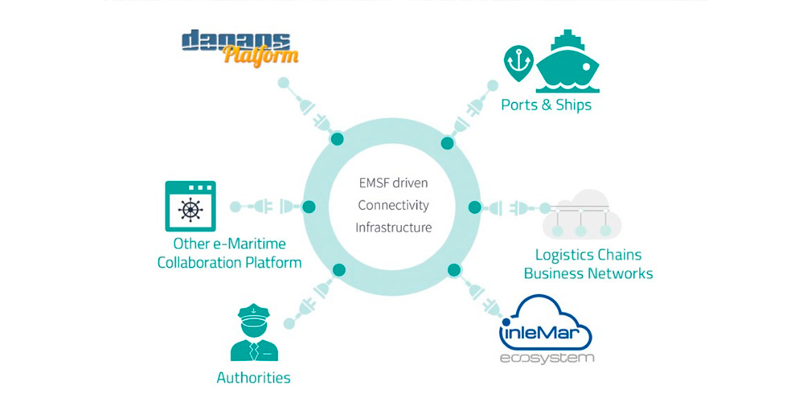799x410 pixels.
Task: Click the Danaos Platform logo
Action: pyautogui.click(x=240, y=47)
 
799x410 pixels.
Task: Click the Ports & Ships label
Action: pyautogui.click(x=547, y=105)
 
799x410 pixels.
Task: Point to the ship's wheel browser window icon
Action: pyautogui.click(x=191, y=207)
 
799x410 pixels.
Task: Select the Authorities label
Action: pyautogui.click(x=253, y=377)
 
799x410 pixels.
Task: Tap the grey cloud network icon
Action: pyautogui.click(x=581, y=214)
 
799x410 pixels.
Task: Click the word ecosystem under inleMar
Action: pyautogui.click(x=547, y=358)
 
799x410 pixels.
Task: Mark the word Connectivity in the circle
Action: pyautogui.click(x=393, y=205)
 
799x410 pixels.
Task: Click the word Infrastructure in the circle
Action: pyautogui.click(x=393, y=228)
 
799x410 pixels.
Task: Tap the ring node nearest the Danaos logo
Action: pyautogui.click(x=337, y=138)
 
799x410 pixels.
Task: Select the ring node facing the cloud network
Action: pyautogui.click(x=474, y=207)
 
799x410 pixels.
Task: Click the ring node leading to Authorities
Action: pyautogui.click(x=339, y=270)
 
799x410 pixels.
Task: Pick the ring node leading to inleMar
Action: pyautogui.click(x=454, y=270)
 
